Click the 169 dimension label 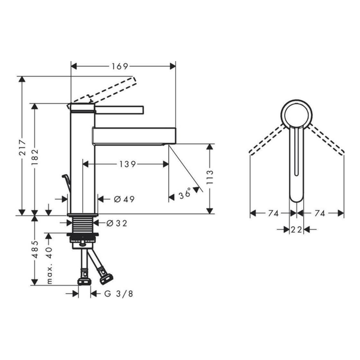[120, 66]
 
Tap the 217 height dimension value [22, 147]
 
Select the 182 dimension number [35, 157]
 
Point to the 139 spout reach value [128, 164]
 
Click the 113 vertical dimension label [210, 177]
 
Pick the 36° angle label [185, 194]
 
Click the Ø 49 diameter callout [124, 199]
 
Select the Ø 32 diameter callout [117, 223]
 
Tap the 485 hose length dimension [35, 249]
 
